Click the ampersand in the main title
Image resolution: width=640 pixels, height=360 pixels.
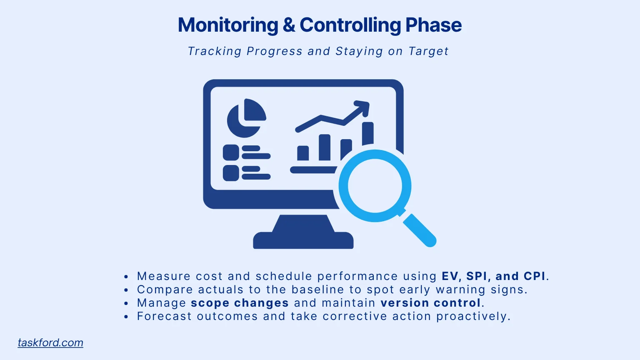289,25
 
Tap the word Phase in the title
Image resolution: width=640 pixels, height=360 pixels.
433,25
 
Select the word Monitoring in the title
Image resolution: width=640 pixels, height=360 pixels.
228,25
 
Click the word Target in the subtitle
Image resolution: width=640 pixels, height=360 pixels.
428,51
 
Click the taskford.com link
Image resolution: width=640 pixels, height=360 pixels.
50,342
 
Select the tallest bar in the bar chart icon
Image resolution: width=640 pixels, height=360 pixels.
367,133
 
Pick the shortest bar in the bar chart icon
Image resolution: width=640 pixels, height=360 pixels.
303,153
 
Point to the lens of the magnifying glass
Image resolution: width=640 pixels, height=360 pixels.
375,186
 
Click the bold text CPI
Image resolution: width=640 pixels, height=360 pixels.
535,276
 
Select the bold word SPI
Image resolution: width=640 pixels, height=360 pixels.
477,276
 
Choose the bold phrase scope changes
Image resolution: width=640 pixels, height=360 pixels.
240,303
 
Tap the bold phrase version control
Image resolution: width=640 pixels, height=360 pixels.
431,303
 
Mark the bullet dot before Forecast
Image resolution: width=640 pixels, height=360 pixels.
126,317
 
